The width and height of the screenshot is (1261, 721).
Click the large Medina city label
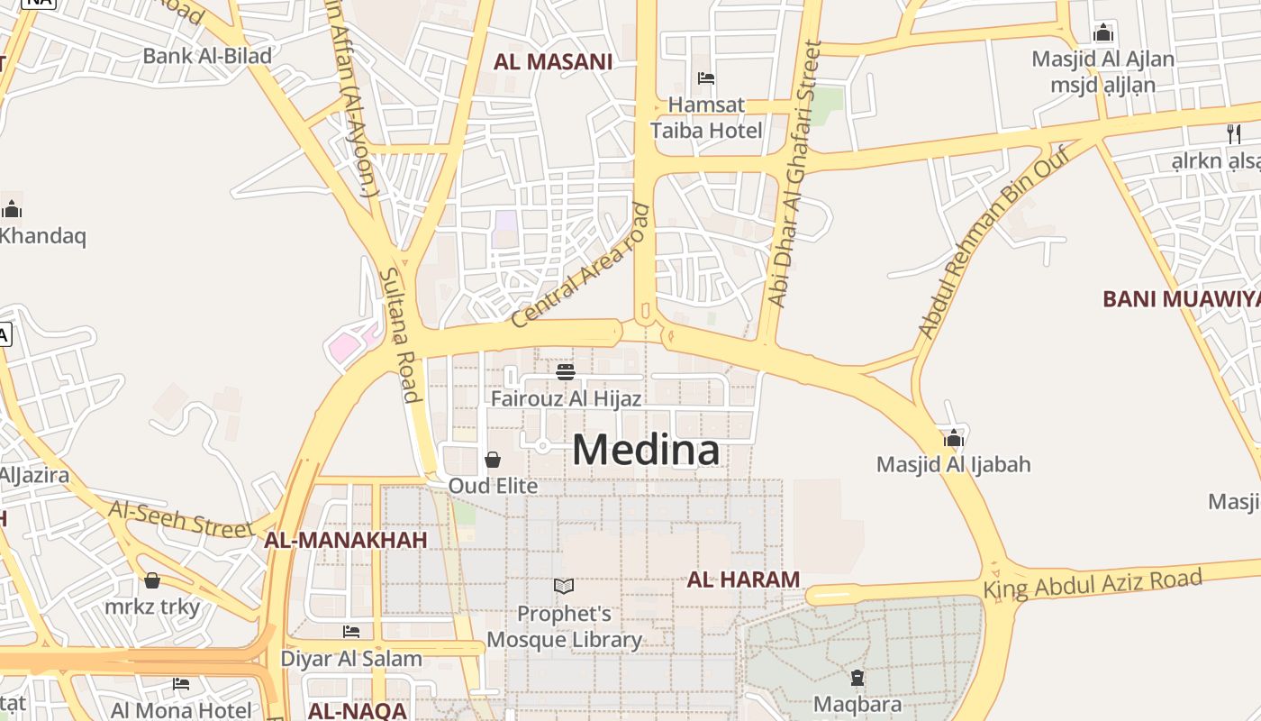[x=646, y=450]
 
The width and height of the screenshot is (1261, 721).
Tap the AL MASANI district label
[x=552, y=61]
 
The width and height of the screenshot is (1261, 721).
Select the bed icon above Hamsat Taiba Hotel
[x=706, y=78]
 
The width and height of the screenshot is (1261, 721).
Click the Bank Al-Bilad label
[x=207, y=56]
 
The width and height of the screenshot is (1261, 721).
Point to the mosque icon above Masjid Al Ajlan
[x=1102, y=33]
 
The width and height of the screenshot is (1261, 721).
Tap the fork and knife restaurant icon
[x=1233, y=134]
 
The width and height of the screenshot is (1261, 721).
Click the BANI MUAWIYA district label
[x=1181, y=298]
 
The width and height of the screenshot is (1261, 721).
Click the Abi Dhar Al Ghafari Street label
[x=793, y=174]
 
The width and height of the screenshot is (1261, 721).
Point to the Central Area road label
[x=580, y=266]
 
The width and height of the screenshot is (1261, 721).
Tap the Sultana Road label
[x=399, y=334]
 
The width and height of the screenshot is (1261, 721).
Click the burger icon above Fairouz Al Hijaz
[x=566, y=371]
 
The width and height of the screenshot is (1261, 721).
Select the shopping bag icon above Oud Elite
[x=493, y=460]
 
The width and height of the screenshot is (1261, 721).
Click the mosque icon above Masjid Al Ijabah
[x=953, y=439]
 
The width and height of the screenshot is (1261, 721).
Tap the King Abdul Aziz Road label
[x=1093, y=584]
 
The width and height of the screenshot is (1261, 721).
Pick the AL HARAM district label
[x=743, y=580]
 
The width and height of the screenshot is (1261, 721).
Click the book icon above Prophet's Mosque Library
[x=564, y=587]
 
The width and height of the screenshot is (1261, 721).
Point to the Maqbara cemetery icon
[x=857, y=677]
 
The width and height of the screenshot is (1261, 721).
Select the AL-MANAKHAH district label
[x=345, y=540]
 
